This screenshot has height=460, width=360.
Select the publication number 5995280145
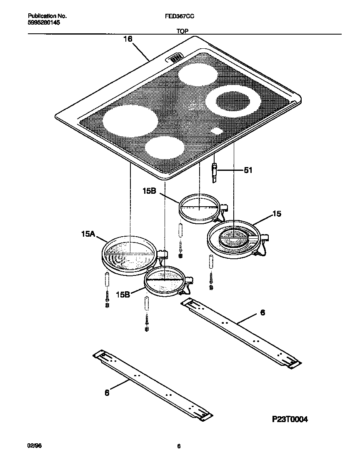click(x=44, y=23)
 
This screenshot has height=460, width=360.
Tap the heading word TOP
click(x=182, y=31)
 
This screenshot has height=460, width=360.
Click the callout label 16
click(x=127, y=39)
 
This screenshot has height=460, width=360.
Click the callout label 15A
click(x=88, y=235)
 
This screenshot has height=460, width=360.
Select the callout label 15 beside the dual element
click(x=277, y=214)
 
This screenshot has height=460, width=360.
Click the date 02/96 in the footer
click(x=35, y=446)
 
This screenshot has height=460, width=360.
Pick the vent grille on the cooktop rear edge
click(x=175, y=57)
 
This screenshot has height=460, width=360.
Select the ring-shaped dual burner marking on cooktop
click(x=229, y=102)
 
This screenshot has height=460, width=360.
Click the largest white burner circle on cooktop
click(x=130, y=121)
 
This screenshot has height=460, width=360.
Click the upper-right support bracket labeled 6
click(x=242, y=332)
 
